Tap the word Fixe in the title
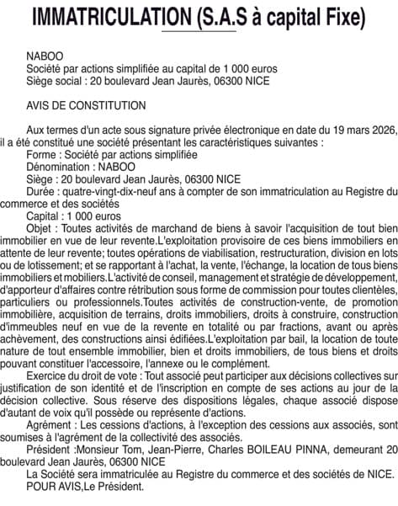tap(342, 16)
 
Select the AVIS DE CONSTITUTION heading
tap(86, 106)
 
